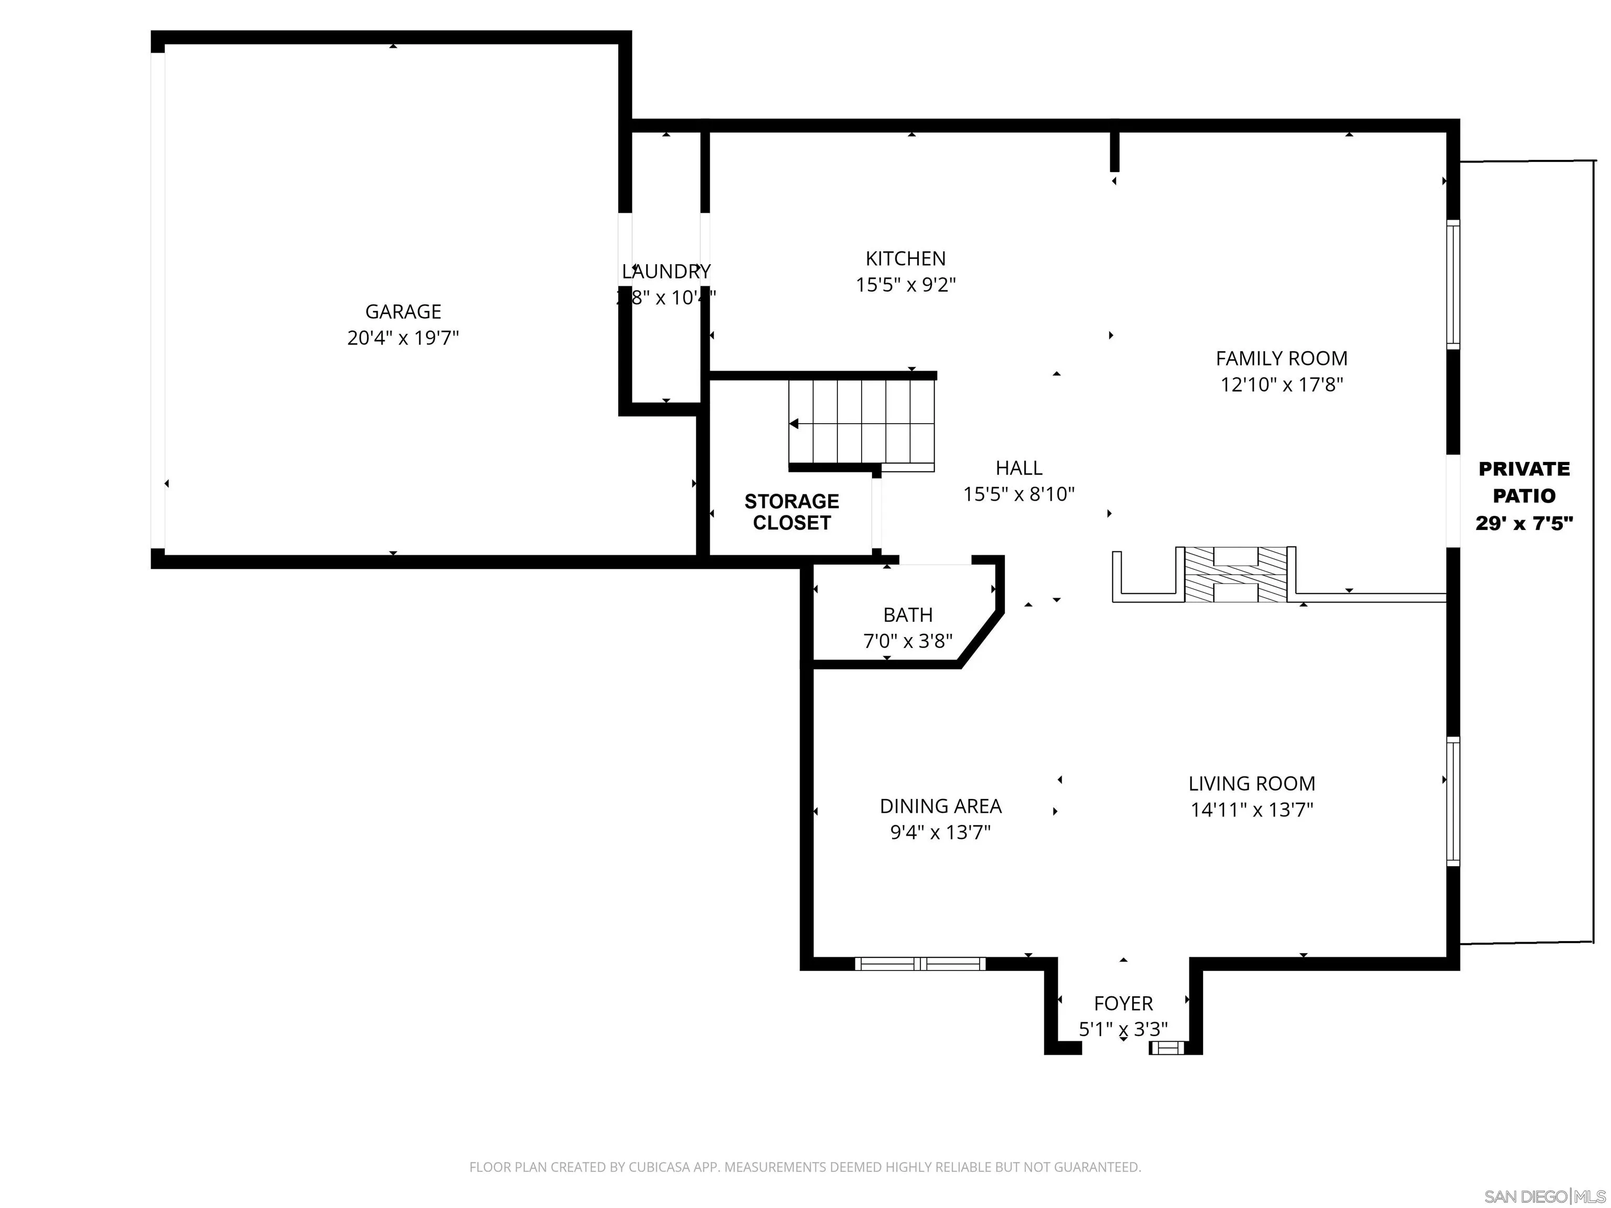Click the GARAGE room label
pos(403,311)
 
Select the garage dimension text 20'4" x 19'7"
pos(403,338)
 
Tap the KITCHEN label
pos(905,258)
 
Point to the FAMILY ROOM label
pos(1281,358)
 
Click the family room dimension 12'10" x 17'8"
pos(1281,384)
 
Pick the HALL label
pos(1019,468)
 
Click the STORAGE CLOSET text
pos(792,512)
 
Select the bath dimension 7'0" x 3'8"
pos(907,641)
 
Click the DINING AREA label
pos(940,806)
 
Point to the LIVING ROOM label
pos(1251,783)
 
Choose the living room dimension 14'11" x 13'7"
pos(1251,810)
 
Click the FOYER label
pos(1123,1004)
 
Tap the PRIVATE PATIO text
pos(1523,482)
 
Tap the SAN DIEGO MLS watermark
pos(1544,1196)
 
